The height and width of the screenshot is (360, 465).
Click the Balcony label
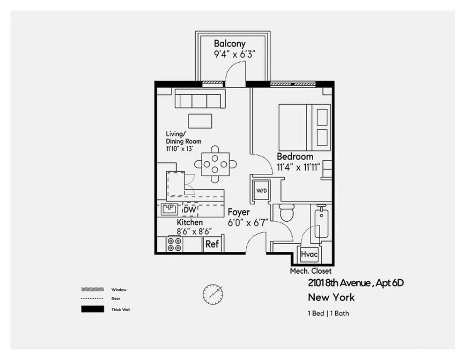[x=229, y=44]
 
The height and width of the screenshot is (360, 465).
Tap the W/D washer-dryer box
[x=261, y=191]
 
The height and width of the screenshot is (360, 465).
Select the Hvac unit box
[x=309, y=255]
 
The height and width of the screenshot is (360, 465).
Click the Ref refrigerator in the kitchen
[x=212, y=244]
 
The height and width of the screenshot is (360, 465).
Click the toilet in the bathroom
[x=286, y=212]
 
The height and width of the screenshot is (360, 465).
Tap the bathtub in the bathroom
[x=321, y=224]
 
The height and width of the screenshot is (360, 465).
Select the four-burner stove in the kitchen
[x=175, y=244]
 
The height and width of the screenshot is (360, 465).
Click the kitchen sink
[x=169, y=209]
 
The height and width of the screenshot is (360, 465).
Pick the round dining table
[x=215, y=164]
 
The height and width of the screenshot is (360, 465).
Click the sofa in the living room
[x=200, y=100]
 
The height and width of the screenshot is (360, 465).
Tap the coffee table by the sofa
[x=200, y=120]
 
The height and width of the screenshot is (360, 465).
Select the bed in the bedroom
[x=304, y=127]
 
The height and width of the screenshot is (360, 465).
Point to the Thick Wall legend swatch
[x=92, y=309]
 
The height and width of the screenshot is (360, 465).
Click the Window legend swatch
[x=92, y=290]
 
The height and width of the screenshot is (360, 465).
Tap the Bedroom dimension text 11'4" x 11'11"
[x=299, y=167]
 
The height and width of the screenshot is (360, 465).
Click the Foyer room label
[x=239, y=212]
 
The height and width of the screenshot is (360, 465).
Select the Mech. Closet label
[x=310, y=271]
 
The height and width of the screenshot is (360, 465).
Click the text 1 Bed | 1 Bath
[x=328, y=314]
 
